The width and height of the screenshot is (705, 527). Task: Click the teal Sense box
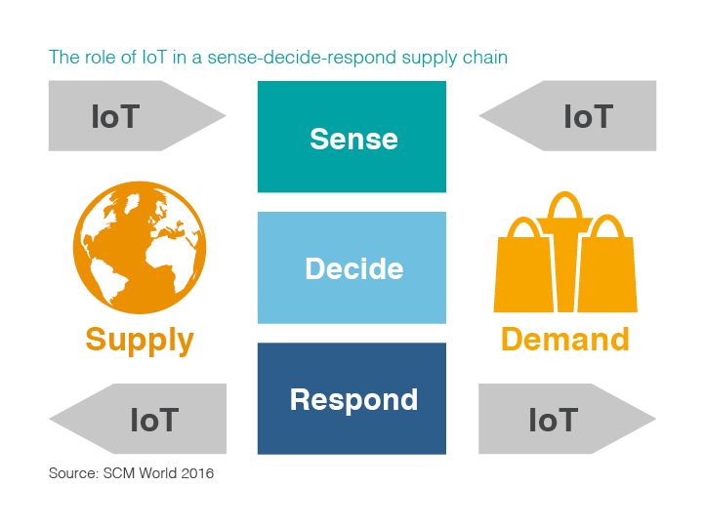coord(352,137)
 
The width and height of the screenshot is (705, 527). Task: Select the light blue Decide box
coord(352,267)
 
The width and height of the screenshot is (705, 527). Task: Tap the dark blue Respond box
coord(352,398)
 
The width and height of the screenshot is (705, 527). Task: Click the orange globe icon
coord(140,250)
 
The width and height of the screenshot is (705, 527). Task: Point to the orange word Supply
coord(140,340)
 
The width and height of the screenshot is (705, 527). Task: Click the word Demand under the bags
coord(564,340)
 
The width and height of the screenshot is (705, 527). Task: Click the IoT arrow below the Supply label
coord(142,420)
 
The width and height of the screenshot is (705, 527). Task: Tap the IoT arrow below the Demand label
coord(561,420)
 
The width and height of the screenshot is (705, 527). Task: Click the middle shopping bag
coord(565,268)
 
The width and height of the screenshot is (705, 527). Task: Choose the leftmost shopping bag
coord(522,273)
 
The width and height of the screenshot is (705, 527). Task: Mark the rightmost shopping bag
coord(609,273)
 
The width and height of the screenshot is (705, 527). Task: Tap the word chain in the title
coord(486,58)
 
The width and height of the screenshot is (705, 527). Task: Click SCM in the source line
coord(124,474)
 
